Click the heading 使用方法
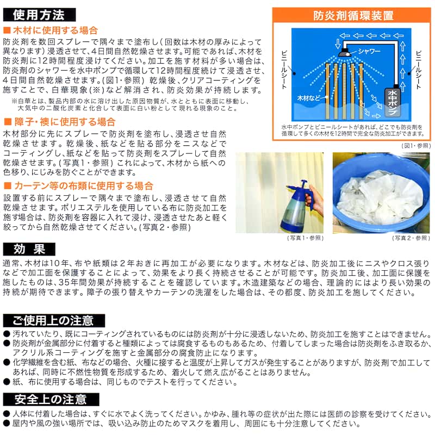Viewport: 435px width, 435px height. tap(39, 15)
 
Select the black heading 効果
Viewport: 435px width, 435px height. tap(29, 249)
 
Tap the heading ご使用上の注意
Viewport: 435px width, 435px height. tap(54, 320)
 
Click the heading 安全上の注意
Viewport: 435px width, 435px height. tap(51, 399)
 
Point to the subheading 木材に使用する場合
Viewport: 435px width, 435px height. tap(51, 30)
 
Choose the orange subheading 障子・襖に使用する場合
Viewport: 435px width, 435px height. tap(59, 121)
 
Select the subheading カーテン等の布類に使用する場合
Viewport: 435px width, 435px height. tap(78, 185)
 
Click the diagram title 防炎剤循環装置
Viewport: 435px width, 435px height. tap(353, 16)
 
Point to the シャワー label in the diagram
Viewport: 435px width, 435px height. tap(369, 51)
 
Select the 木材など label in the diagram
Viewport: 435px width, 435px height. tap(308, 98)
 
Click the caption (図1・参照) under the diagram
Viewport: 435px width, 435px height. tap(416, 146)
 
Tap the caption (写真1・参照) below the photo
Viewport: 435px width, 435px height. tap(306, 238)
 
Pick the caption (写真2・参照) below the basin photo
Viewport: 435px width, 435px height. tap(411, 238)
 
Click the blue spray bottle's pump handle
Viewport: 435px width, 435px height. tap(303, 184)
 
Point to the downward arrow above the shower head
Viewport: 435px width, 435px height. tap(337, 43)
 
